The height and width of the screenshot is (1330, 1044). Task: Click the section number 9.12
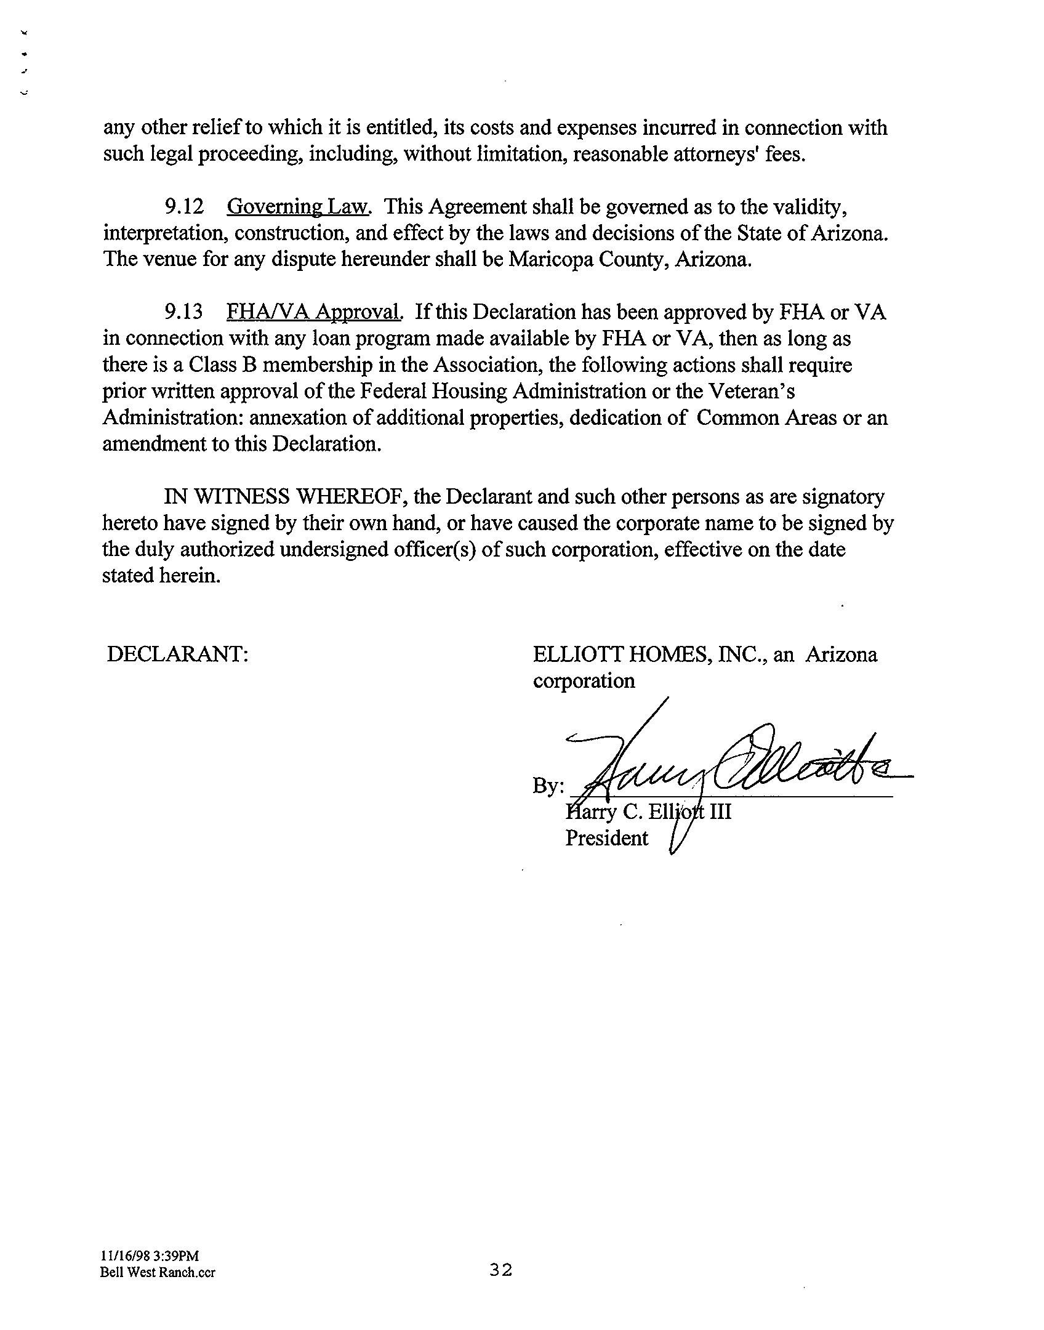(183, 207)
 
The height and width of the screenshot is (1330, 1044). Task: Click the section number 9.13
(183, 312)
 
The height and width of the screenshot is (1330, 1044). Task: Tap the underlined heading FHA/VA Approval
(314, 312)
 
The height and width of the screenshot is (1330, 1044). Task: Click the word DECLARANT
(177, 654)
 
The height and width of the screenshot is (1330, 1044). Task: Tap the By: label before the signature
(548, 786)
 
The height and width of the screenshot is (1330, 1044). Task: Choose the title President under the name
(606, 838)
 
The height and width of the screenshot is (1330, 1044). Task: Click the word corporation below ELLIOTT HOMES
(584, 681)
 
